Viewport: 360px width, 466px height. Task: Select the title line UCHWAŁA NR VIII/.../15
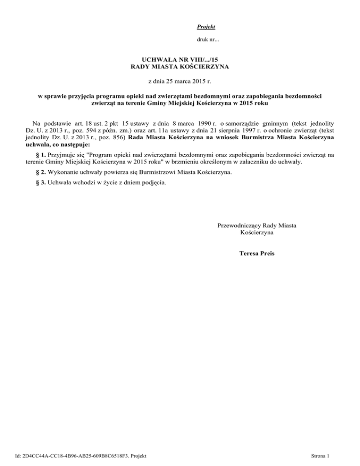tap(180, 61)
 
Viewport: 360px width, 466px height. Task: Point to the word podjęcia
tap(152, 183)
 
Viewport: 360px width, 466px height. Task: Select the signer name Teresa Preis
tap(257, 254)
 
